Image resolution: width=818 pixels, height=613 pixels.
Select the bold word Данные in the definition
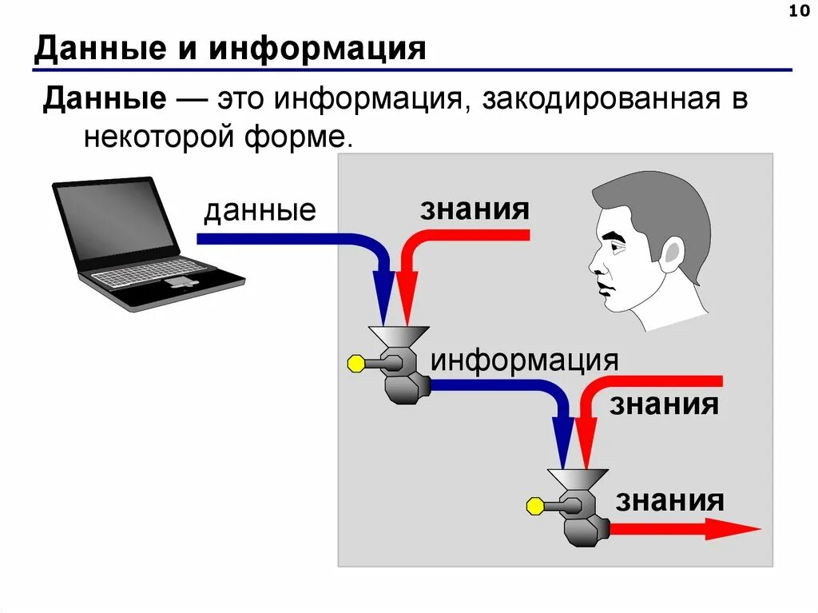point(105,102)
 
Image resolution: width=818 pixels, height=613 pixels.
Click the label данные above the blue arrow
point(260,211)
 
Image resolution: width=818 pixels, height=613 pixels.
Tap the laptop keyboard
point(152,275)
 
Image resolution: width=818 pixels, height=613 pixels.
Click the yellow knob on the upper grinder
point(355,364)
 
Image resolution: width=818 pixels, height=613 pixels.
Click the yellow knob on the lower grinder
point(534,506)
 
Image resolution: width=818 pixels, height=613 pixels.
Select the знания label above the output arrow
point(669,501)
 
